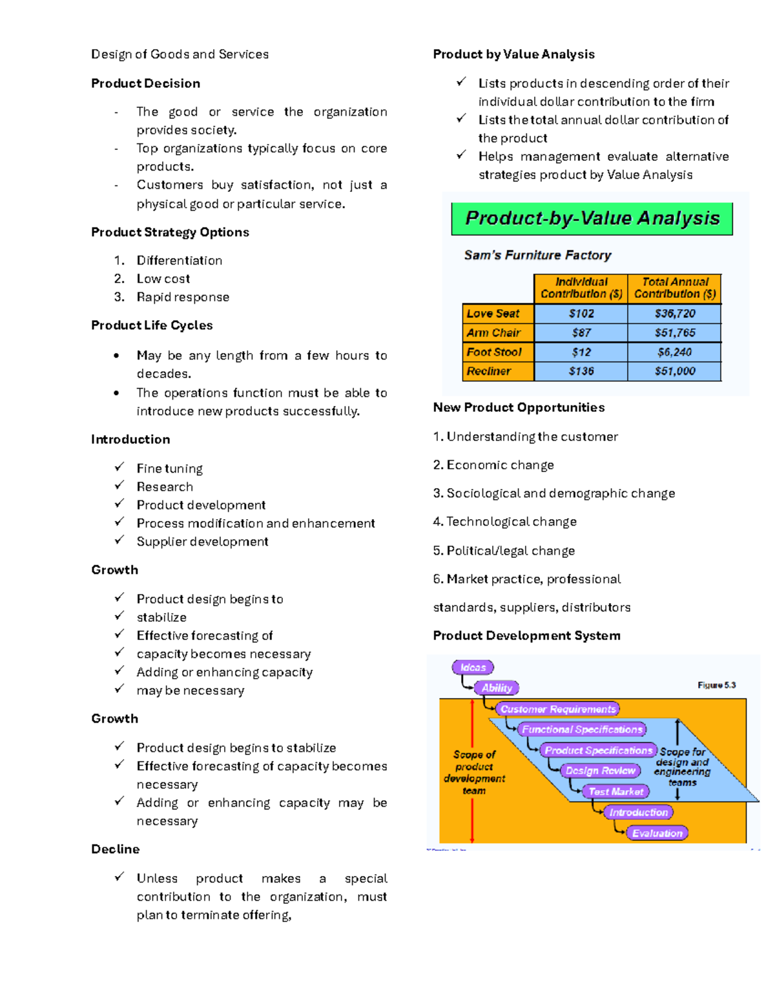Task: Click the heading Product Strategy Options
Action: pyautogui.click(x=170, y=232)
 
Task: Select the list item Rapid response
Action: pyautogui.click(x=183, y=297)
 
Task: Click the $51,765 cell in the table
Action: pyautogui.click(x=674, y=333)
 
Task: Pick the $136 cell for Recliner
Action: pyautogui.click(x=581, y=371)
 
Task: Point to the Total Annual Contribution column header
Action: pyautogui.click(x=674, y=288)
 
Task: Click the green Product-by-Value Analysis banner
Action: pyautogui.click(x=592, y=219)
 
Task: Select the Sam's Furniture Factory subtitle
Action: pyautogui.click(x=537, y=255)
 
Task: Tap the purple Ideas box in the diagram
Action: pyautogui.click(x=473, y=667)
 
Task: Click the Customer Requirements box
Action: pyautogui.click(x=557, y=709)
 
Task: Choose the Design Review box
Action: pyautogui.click(x=601, y=771)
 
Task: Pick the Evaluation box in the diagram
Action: pyautogui.click(x=657, y=833)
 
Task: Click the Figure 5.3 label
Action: pyautogui.click(x=716, y=685)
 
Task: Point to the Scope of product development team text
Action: pyautogui.click(x=475, y=773)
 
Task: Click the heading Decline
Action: pyautogui.click(x=115, y=849)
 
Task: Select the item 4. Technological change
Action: pyautogui.click(x=504, y=522)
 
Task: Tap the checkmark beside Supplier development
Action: pyautogui.click(x=119, y=540)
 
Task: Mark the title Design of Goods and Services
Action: pyautogui.click(x=180, y=54)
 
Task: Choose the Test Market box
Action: pyautogui.click(x=615, y=791)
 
